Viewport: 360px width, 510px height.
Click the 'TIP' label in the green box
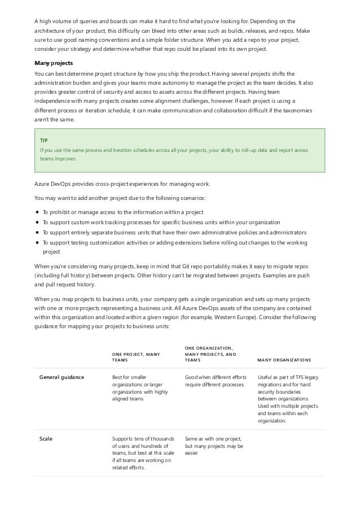[x=44, y=139]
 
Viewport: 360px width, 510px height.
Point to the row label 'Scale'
[x=46, y=438]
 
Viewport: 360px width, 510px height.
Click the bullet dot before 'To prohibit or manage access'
[x=37, y=212]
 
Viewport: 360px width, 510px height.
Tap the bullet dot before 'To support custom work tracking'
[x=37, y=222]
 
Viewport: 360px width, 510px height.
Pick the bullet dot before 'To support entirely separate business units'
[x=37, y=232]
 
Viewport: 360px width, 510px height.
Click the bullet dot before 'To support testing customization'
[x=37, y=242]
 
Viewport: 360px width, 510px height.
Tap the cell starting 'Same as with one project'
[x=214, y=446]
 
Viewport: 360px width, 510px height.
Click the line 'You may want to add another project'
[x=119, y=198]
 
